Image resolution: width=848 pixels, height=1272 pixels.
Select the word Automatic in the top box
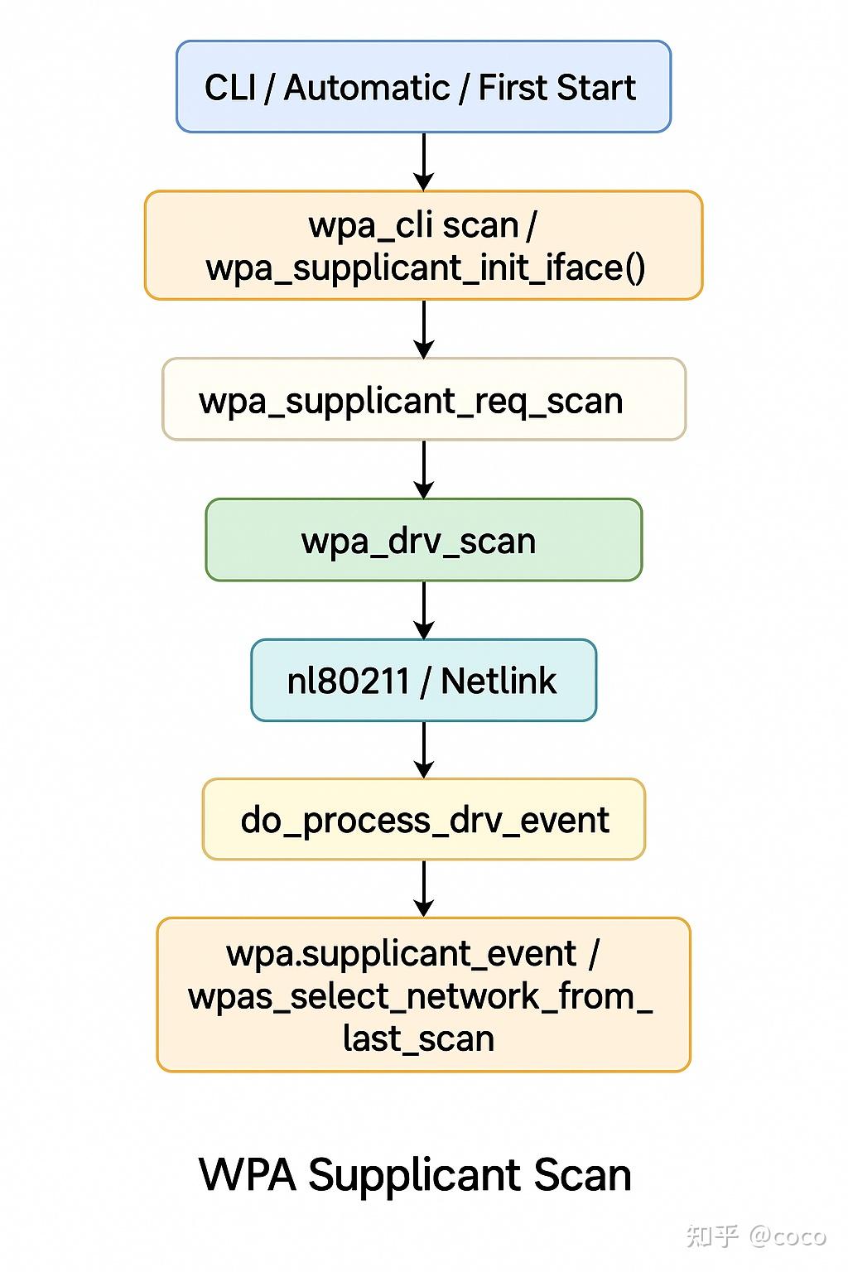pyautogui.click(x=366, y=88)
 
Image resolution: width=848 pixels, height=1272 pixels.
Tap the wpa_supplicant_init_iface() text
pyautogui.click(x=425, y=267)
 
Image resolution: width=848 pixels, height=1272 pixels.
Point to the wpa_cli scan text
pyautogui.click(x=412, y=225)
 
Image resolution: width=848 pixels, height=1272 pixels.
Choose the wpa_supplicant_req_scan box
pyautogui.click(x=423, y=400)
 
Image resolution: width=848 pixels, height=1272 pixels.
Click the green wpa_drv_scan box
pyautogui.click(x=423, y=540)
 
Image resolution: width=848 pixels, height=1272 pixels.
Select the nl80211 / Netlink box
pyautogui.click(x=423, y=681)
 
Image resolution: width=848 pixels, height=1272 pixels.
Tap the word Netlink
pyautogui.click(x=499, y=681)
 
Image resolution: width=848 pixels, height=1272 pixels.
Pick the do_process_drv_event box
pyautogui.click(x=423, y=820)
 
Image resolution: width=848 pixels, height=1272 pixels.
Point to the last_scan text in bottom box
pyautogui.click(x=418, y=1038)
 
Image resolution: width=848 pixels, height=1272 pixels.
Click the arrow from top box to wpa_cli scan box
pyautogui.click(x=423, y=161)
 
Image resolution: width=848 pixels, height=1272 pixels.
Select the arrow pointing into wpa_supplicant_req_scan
pyautogui.click(x=423, y=329)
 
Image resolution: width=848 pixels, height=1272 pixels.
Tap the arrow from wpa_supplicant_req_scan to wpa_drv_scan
pyautogui.click(x=423, y=469)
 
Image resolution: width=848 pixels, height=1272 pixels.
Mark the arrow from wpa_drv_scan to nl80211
pyautogui.click(x=423, y=609)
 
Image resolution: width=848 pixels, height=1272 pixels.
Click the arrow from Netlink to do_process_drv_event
pyautogui.click(x=423, y=749)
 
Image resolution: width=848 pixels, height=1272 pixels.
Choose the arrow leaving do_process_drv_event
pyautogui.click(x=423, y=889)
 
